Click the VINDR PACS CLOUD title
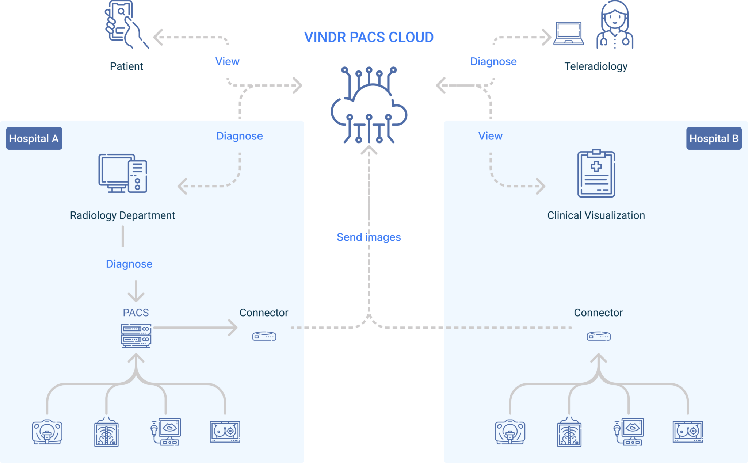(x=369, y=37)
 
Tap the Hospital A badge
(x=34, y=139)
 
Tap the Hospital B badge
(x=714, y=139)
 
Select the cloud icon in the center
(x=369, y=106)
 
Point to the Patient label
(x=126, y=66)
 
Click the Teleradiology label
(x=596, y=66)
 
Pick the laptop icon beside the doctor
(x=568, y=34)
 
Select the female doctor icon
(x=615, y=25)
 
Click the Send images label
(x=369, y=237)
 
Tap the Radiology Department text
(x=122, y=215)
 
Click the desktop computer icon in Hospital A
(x=123, y=173)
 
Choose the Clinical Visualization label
(x=596, y=215)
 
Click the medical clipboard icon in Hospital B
(x=596, y=174)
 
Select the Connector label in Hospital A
(x=264, y=313)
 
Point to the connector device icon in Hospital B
(x=599, y=336)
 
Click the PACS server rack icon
(x=136, y=335)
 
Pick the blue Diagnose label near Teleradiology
(x=493, y=62)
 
